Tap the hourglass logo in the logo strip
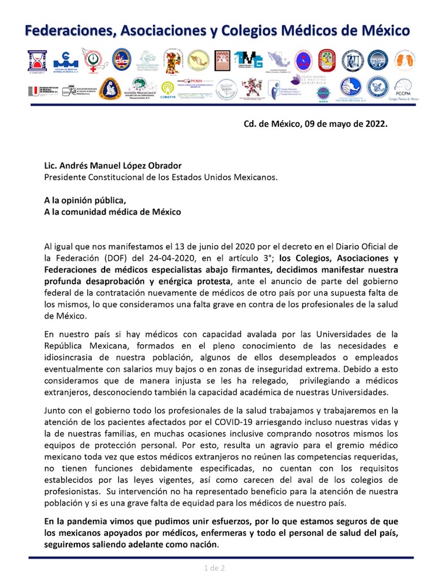coord(38,61)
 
